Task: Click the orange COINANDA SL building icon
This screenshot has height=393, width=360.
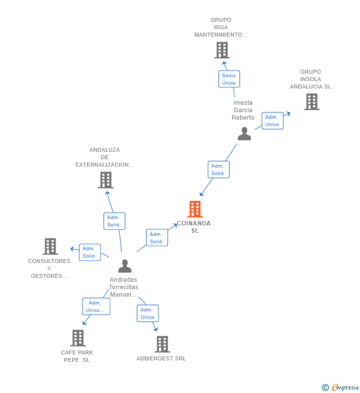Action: coord(195,209)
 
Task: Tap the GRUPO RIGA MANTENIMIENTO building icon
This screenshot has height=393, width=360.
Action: coord(222,50)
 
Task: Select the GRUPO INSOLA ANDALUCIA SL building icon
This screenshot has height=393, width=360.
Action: coord(312,102)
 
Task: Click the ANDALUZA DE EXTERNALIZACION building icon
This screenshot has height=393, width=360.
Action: coord(106,180)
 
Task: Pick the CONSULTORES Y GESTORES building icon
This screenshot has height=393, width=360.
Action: coord(50,246)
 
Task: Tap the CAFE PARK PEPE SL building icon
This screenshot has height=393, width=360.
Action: coord(78,338)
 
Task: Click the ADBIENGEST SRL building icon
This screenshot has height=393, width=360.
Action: coord(162,344)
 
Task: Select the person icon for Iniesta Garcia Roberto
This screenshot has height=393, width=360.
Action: coord(244,133)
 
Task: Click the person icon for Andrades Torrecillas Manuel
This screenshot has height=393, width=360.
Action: coord(125,266)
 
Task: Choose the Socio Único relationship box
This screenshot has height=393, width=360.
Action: coord(229,79)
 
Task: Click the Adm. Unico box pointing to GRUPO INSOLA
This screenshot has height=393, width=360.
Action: coord(272,121)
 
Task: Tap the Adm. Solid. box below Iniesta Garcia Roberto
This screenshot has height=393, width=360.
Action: coord(219,170)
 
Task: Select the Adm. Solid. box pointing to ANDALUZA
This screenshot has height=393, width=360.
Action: coord(114,221)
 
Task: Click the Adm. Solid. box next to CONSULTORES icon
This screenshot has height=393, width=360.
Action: coord(90,252)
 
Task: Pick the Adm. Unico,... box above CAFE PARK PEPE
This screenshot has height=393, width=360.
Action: coord(96,306)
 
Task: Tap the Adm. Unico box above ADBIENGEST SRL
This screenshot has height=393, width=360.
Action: coord(148,313)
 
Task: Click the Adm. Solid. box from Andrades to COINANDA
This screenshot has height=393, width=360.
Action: coord(157,238)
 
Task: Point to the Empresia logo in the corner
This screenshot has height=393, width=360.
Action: coord(340,387)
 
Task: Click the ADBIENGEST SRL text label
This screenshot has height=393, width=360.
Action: coord(161,358)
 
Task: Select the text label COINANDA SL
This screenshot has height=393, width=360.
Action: coord(194,227)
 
